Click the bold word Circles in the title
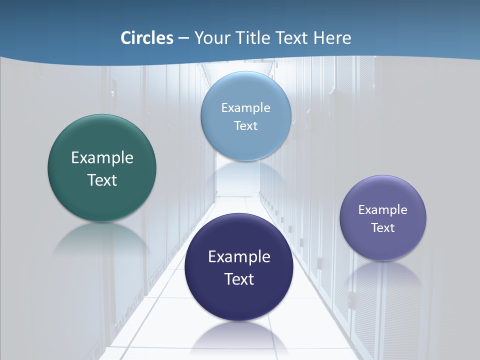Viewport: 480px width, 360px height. click(x=146, y=37)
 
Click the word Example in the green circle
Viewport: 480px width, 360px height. click(x=102, y=158)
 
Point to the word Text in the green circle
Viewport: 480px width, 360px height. click(x=102, y=180)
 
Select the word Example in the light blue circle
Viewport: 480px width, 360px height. click(x=246, y=107)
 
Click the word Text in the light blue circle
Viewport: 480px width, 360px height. click(x=246, y=125)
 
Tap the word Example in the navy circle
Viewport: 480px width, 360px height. click(x=239, y=257)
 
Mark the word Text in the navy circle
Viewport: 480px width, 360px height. click(x=239, y=279)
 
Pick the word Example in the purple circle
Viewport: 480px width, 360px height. click(x=383, y=209)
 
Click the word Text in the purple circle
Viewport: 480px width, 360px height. click(x=383, y=227)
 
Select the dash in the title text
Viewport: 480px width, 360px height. click(x=183, y=38)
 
